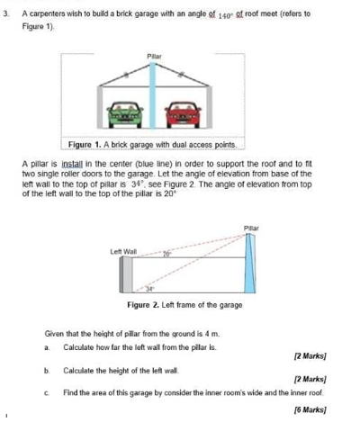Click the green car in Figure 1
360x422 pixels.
[x=125, y=115]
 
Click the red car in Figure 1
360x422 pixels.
[x=183, y=115]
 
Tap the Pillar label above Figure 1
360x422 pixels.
[x=154, y=57]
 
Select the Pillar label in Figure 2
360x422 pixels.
[x=251, y=229]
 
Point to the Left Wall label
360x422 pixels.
[x=123, y=251]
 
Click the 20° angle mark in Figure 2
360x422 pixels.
[x=167, y=255]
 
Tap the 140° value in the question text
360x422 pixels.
[x=225, y=15]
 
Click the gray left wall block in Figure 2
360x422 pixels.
[x=126, y=274]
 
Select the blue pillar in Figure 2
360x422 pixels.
[x=250, y=263]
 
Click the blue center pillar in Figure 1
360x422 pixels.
[x=153, y=95]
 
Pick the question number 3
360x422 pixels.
[x=6, y=13]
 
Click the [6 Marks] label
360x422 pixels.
[x=310, y=409]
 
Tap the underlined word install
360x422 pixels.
[x=72, y=164]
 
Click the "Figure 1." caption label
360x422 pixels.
[x=85, y=145]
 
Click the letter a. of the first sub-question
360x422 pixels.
[x=47, y=347]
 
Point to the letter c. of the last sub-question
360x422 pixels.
[x=47, y=393]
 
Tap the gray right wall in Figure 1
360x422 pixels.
[x=210, y=107]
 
